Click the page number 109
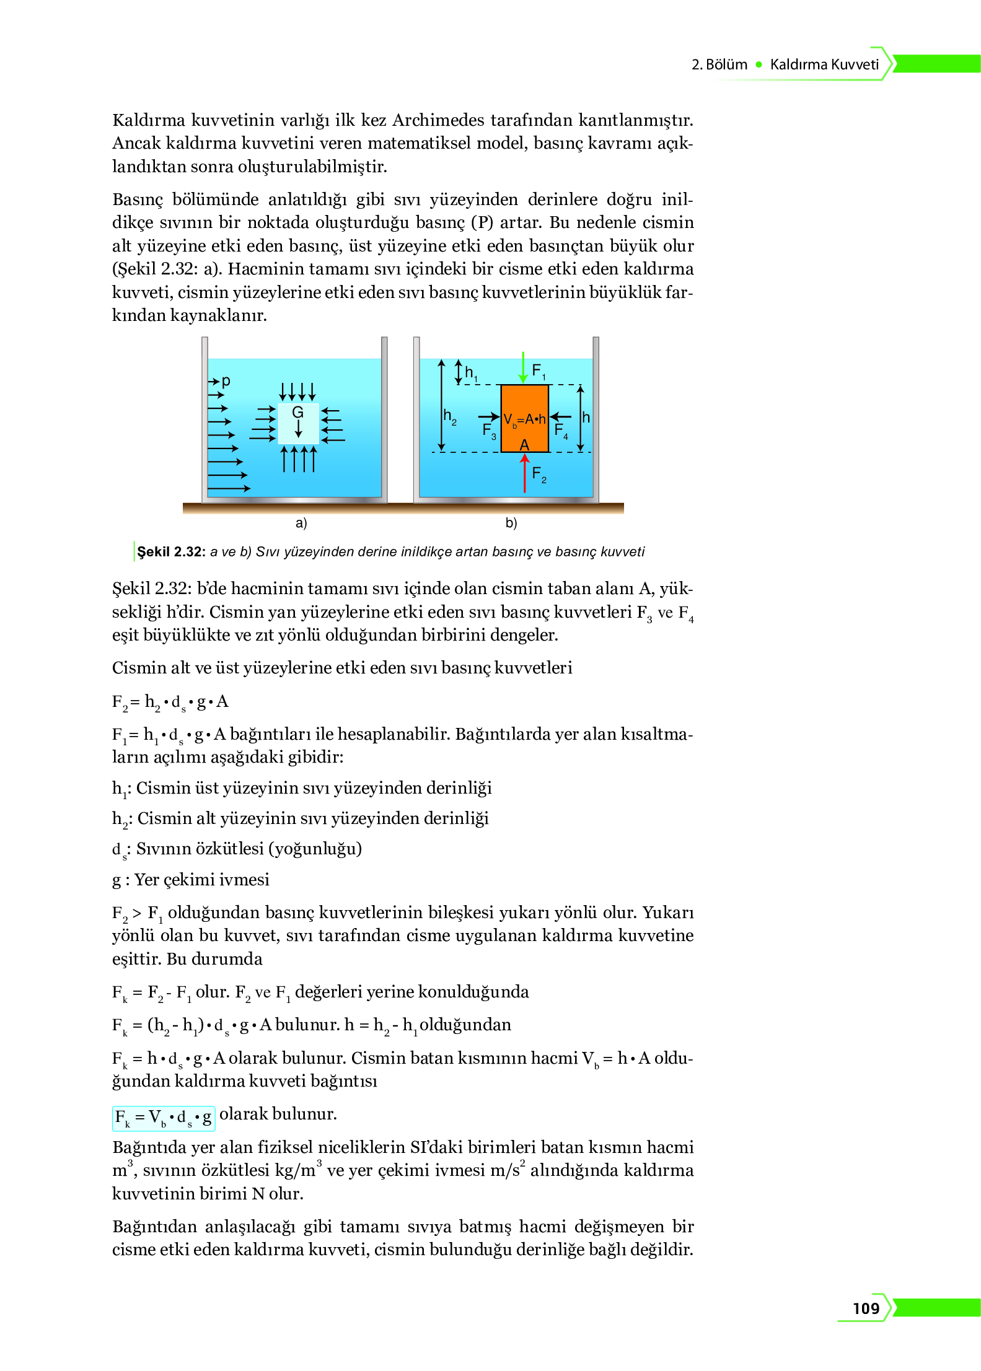pyautogui.click(x=866, y=1308)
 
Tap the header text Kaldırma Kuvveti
pyautogui.click(x=824, y=64)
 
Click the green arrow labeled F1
pyautogui.click(x=523, y=367)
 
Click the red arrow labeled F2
pyautogui.click(x=524, y=473)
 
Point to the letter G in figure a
pyautogui.click(x=297, y=412)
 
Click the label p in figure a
pyautogui.click(x=226, y=381)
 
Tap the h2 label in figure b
pyautogui.click(x=450, y=416)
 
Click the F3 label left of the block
pyautogui.click(x=489, y=430)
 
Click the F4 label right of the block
pyautogui.click(x=561, y=430)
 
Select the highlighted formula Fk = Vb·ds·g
pyautogui.click(x=164, y=1118)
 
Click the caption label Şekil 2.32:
pyautogui.click(x=170, y=551)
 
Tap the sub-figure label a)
pyautogui.click(x=301, y=523)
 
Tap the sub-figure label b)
pyautogui.click(x=511, y=523)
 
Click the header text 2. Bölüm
pyautogui.click(x=719, y=64)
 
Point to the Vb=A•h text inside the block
pyautogui.click(x=524, y=419)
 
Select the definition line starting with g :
pyautogui.click(x=190, y=880)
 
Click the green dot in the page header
pyautogui.click(x=759, y=64)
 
